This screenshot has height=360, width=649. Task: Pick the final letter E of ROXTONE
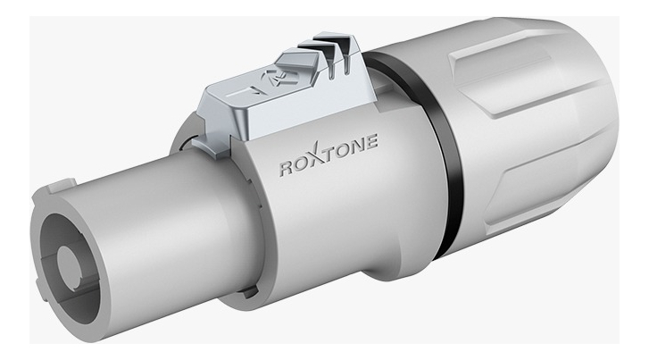[371, 142]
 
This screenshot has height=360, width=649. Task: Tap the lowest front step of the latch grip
[298, 63]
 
